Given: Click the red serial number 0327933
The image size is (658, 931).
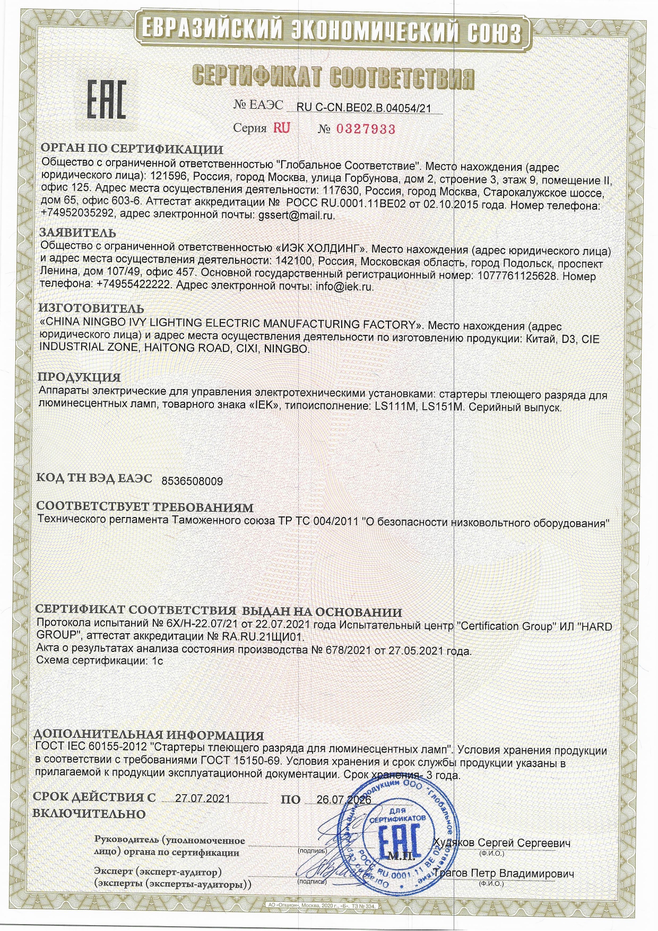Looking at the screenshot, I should [x=366, y=129].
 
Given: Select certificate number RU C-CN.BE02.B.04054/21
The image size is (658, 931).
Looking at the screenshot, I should [x=363, y=108].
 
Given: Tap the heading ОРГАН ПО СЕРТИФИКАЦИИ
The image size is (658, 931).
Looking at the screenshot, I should [x=132, y=149].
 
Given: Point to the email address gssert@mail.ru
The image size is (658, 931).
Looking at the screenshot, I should [x=296, y=215].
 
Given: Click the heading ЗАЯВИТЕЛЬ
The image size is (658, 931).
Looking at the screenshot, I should [x=77, y=232].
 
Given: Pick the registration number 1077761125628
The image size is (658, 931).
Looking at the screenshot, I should [x=517, y=276].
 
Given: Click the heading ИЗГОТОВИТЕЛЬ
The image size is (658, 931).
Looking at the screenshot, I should [x=91, y=308].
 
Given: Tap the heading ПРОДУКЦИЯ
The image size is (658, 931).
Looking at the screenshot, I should [x=79, y=377].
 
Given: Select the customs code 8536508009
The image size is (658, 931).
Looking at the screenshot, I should [x=192, y=481].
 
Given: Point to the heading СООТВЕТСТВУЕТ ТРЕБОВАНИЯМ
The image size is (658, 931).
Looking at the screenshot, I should [x=145, y=507].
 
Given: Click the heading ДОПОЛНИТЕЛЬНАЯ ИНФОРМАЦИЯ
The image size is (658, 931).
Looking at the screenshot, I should [x=149, y=735].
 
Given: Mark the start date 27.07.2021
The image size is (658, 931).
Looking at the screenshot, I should [x=203, y=799].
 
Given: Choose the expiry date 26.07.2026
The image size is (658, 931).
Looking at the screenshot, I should [x=343, y=800].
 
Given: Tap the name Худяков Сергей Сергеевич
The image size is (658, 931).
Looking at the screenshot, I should [x=501, y=843].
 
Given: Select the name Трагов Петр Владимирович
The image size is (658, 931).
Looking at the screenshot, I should [x=504, y=874].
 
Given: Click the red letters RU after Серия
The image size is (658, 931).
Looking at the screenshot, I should [x=282, y=128].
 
